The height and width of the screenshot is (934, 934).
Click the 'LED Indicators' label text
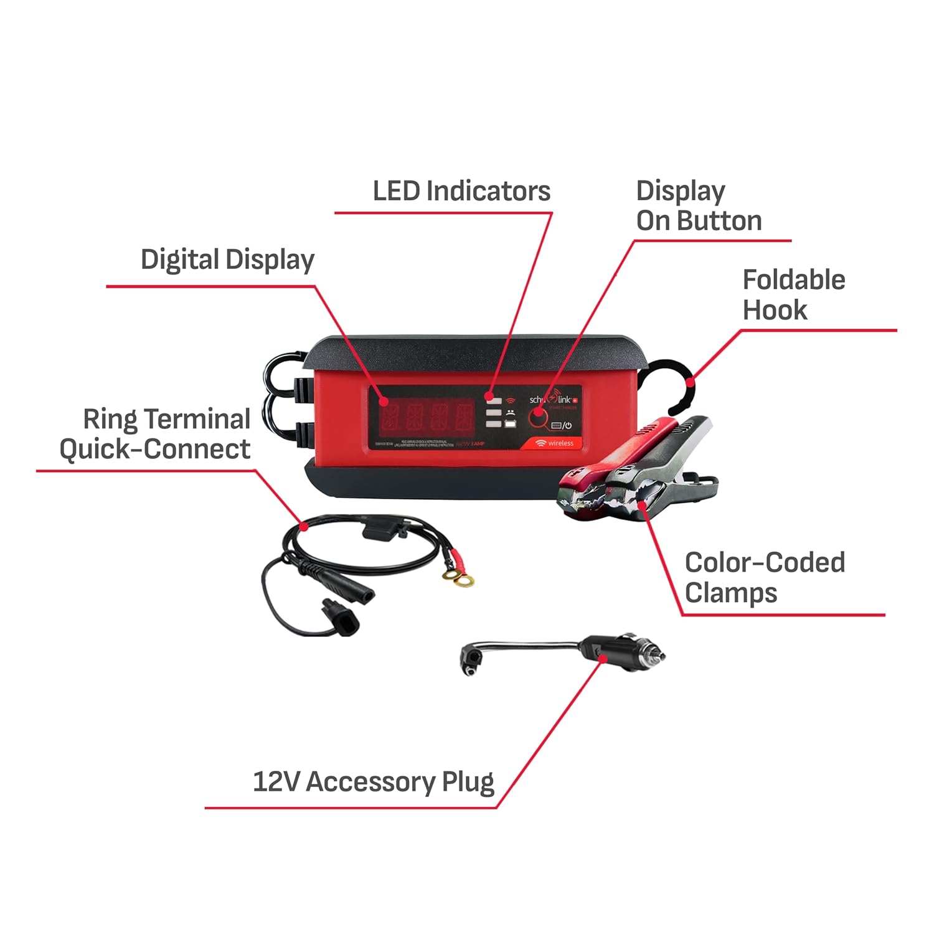coord(461,191)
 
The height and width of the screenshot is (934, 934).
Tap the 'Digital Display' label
coord(227,260)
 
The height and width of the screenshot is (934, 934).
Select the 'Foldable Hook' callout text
coord(793,295)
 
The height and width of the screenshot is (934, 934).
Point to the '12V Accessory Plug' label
coord(373,781)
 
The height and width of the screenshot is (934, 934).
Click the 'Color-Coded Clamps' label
coord(764,577)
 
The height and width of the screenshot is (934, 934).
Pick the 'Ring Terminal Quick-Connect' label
coord(156,433)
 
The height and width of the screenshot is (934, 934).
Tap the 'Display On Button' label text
coord(698,205)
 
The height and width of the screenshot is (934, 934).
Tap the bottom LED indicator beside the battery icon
coord(493,424)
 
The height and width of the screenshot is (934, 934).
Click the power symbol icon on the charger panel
coord(567,426)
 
